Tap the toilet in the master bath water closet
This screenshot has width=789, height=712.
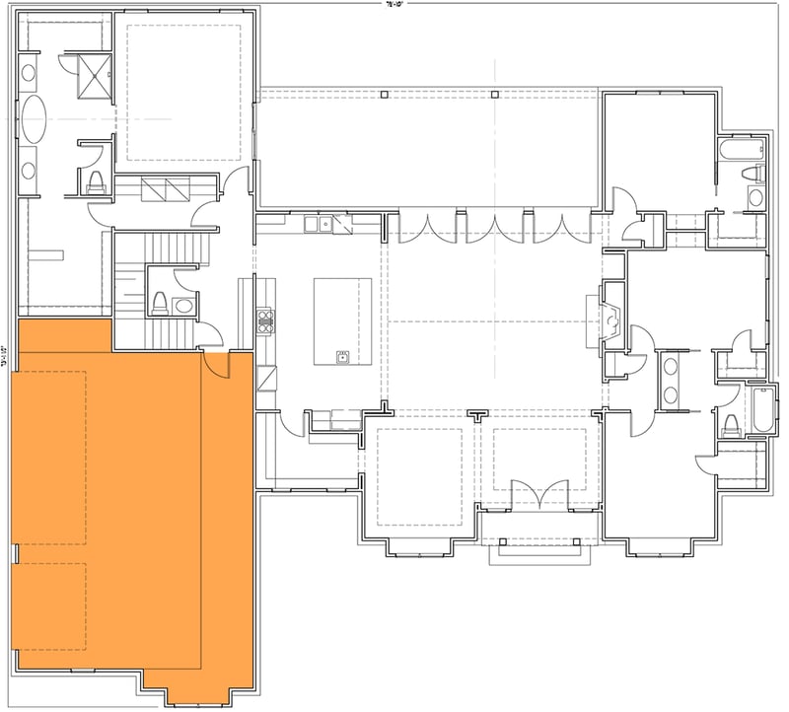point(96,179)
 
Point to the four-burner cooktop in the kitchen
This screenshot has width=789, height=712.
point(264,318)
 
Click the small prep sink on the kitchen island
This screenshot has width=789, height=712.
point(342,356)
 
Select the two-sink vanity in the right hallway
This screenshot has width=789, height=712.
point(671,381)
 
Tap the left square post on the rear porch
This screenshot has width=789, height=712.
point(383,95)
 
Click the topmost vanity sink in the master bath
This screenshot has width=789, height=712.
point(29,72)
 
